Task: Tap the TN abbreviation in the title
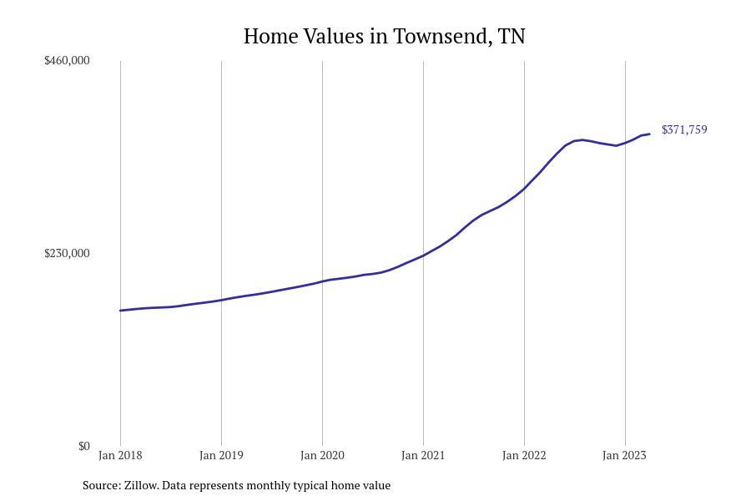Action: pyautogui.click(x=512, y=37)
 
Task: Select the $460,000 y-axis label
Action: pyautogui.click(x=67, y=60)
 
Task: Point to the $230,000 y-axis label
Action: pyautogui.click(x=67, y=253)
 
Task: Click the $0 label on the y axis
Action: pyautogui.click(x=83, y=446)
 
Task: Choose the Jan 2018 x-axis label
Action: pyautogui.click(x=120, y=455)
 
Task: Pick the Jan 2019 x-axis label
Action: pyautogui.click(x=221, y=455)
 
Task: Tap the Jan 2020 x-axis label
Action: pyautogui.click(x=322, y=455)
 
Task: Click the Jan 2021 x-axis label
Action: pyautogui.click(x=423, y=455)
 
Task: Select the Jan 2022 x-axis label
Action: pyautogui.click(x=524, y=455)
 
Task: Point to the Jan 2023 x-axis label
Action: pyautogui.click(x=624, y=455)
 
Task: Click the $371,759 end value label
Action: pyautogui.click(x=684, y=129)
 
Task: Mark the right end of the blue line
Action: pyautogui.click(x=649, y=134)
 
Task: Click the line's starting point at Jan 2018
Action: pyautogui.click(x=120, y=311)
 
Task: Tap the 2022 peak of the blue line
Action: pyautogui.click(x=582, y=139)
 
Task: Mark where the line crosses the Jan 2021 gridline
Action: pyautogui.click(x=423, y=255)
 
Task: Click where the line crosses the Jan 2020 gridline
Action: pyautogui.click(x=322, y=281)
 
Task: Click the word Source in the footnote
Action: pyautogui.click(x=100, y=485)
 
